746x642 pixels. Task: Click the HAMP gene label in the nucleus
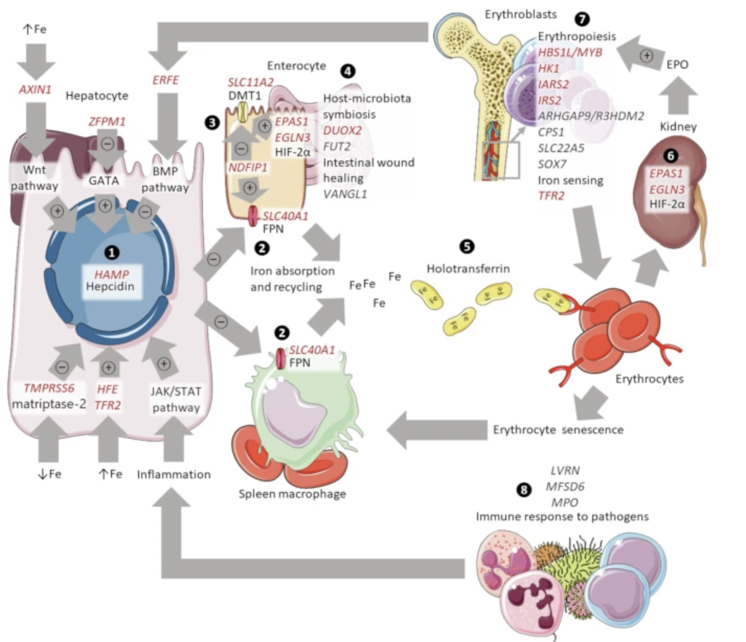coord(111,274)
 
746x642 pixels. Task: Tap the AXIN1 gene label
coord(35,89)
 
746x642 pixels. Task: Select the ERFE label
coord(166,80)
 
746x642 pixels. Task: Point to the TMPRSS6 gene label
coord(49,388)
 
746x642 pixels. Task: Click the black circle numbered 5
coord(467,247)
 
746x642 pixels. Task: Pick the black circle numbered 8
coord(524,490)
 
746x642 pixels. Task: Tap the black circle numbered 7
coord(582,18)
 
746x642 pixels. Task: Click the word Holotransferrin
coord(468,269)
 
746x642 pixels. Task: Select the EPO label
coord(677,64)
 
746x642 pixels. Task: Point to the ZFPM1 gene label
coord(107,121)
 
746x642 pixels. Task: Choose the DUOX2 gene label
coord(342,131)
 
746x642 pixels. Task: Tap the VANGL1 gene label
coord(345,194)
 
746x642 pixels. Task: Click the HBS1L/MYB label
coord(570,53)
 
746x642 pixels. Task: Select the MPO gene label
coord(565,502)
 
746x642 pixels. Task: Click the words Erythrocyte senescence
coord(558,430)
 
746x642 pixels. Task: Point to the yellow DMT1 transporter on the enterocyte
coord(244,112)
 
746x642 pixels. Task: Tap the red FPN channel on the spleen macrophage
coord(281,359)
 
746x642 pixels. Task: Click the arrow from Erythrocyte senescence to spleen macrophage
coord(437,430)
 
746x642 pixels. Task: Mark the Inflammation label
coord(174,474)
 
